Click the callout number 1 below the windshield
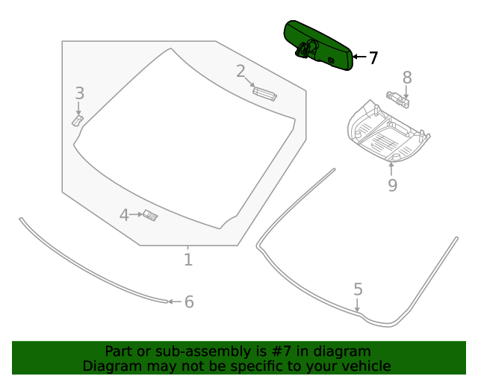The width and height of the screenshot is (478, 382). click(x=188, y=260)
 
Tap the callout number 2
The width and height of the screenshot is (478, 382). click(x=240, y=72)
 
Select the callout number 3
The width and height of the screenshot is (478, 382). click(x=79, y=93)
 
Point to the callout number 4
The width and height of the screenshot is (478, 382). click(x=124, y=215)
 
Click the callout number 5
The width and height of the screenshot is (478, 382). click(x=358, y=289)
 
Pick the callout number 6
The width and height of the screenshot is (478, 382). click(x=189, y=301)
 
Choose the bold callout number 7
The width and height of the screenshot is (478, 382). click(x=373, y=57)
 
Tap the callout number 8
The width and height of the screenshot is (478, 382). click(x=407, y=77)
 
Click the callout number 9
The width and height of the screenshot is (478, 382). click(x=392, y=185)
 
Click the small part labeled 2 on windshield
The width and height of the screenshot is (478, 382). click(x=264, y=93)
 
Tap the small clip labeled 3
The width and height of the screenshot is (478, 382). click(x=78, y=119)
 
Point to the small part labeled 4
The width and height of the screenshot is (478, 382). click(x=151, y=216)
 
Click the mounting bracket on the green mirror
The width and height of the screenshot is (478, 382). click(x=305, y=50)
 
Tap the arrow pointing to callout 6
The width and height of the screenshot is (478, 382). click(x=172, y=301)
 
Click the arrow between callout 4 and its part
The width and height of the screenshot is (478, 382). click(x=136, y=215)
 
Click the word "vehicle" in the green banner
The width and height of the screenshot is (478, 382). click(x=364, y=366)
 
